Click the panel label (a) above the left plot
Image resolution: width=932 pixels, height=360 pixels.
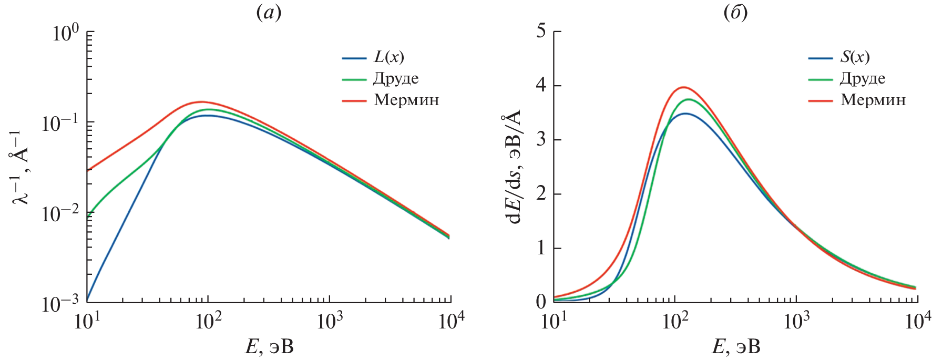(x=269, y=13)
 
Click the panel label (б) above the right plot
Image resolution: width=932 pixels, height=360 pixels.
(x=735, y=13)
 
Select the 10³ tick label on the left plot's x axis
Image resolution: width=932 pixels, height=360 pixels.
(x=330, y=321)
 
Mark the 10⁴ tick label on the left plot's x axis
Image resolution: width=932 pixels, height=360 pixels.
(x=451, y=321)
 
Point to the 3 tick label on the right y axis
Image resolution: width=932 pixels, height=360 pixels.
(x=541, y=140)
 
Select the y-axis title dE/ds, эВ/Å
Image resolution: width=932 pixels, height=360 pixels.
(x=514, y=167)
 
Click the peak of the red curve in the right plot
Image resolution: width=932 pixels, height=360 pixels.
(x=683, y=87)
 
